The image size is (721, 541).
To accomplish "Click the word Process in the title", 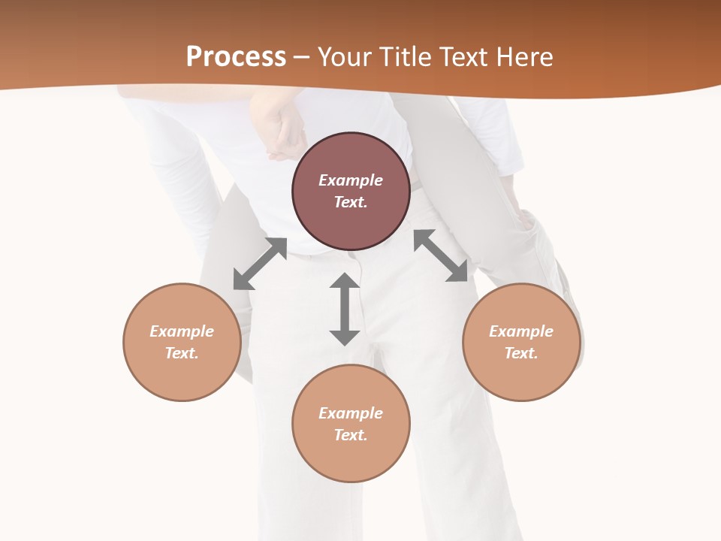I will pyautogui.click(x=236, y=57).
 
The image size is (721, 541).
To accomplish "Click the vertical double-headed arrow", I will pyautogui.click(x=345, y=309).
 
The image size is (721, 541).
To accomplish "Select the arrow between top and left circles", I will pyautogui.click(x=260, y=264).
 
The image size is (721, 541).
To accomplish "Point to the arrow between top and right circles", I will pyautogui.click(x=441, y=256).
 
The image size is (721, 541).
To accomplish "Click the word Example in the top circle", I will pyautogui.click(x=351, y=180).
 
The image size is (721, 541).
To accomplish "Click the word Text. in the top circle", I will pyautogui.click(x=351, y=202).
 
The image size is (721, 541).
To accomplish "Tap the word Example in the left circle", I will pyautogui.click(x=182, y=331).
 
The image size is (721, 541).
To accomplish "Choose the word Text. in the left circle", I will pyautogui.click(x=182, y=353).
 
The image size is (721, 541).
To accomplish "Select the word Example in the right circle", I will pyautogui.click(x=521, y=331).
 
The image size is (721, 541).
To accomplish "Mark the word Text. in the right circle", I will pyautogui.click(x=521, y=353).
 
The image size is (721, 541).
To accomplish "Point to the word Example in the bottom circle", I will pyautogui.click(x=351, y=413).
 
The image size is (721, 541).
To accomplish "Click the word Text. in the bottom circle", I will pyautogui.click(x=351, y=435).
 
